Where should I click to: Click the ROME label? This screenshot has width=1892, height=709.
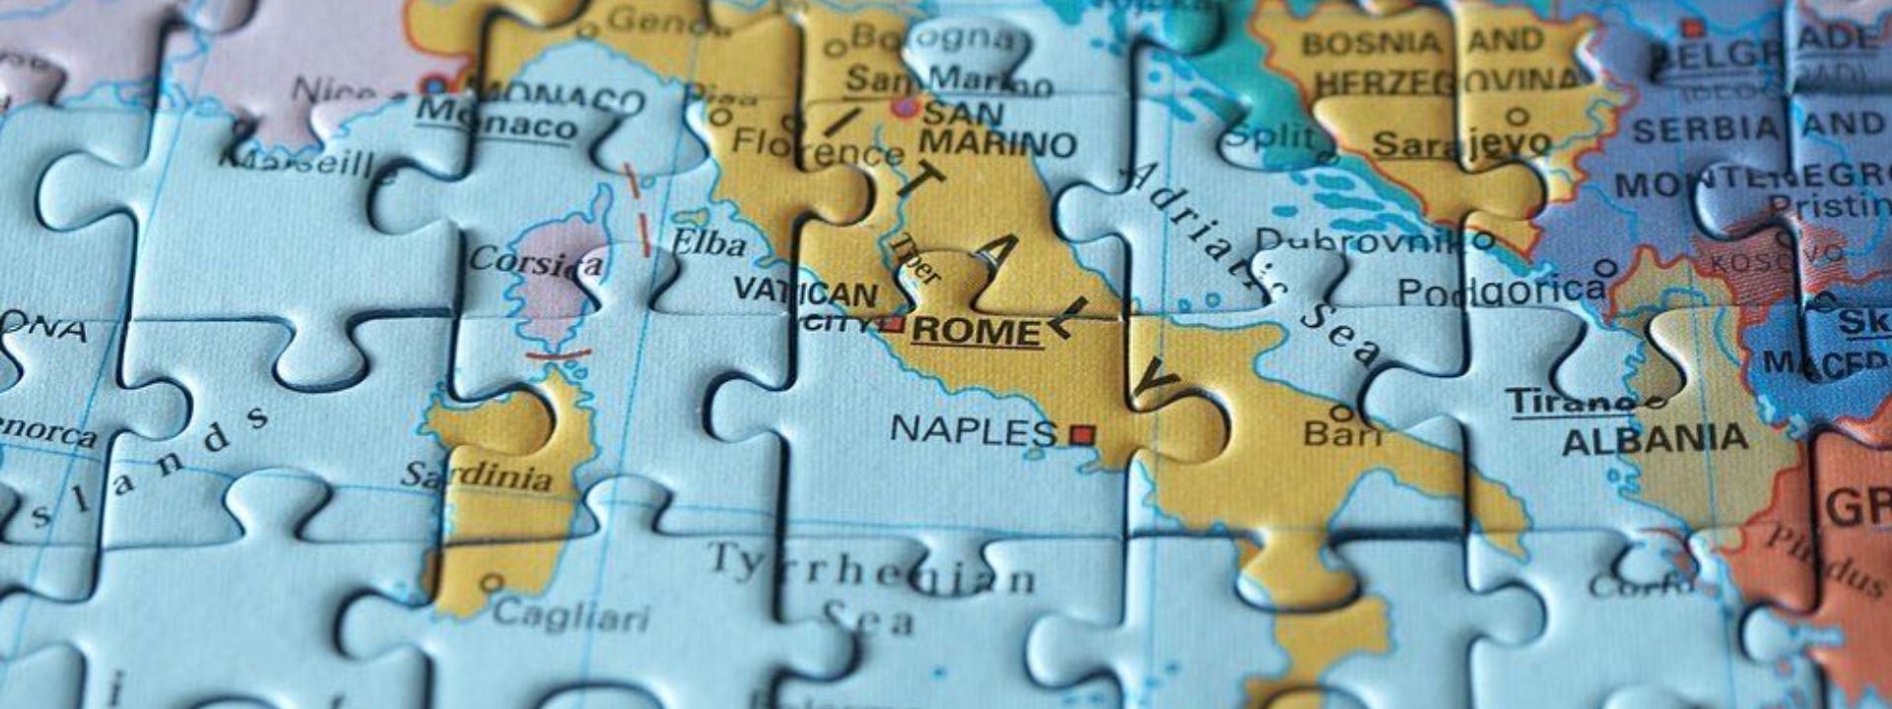(x=976, y=331)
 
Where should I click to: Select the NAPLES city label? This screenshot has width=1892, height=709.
(x=973, y=430)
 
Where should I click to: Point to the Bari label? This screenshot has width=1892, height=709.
(x=1342, y=432)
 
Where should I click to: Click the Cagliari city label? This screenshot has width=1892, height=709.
(x=571, y=615)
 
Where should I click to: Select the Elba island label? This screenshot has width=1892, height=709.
(x=708, y=242)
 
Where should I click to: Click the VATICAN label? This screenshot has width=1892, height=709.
(x=806, y=292)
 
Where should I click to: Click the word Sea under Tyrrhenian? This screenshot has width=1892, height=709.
(x=867, y=618)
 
